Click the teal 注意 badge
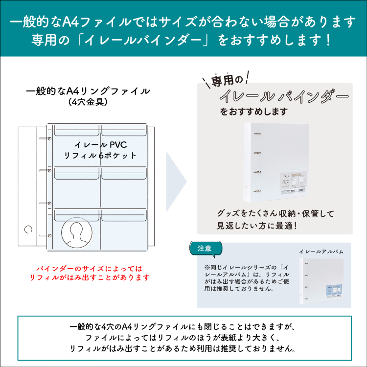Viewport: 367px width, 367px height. (x=205, y=248)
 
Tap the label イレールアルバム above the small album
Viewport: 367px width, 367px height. (x=321, y=251)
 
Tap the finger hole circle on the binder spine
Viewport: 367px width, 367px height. (x=27, y=229)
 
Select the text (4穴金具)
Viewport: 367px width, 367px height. (x=88, y=103)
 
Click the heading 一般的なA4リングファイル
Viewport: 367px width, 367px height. (x=88, y=91)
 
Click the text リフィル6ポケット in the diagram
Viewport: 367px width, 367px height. (x=100, y=155)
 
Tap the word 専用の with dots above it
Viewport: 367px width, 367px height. (x=227, y=79)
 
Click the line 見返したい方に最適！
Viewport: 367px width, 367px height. (x=257, y=226)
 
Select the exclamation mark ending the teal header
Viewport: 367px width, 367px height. (x=328, y=39)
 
